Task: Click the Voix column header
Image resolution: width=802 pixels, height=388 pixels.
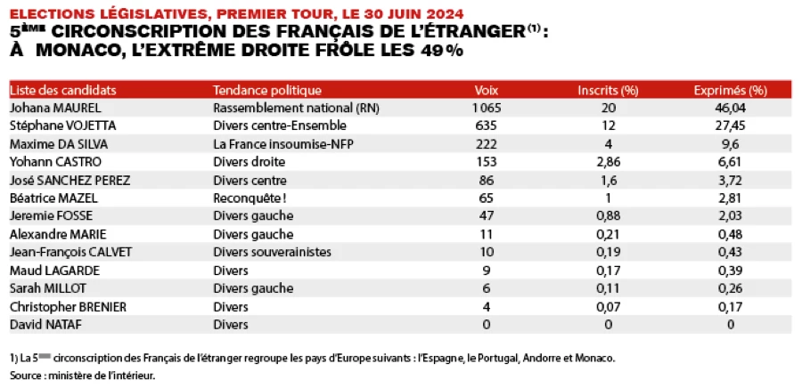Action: click(x=487, y=90)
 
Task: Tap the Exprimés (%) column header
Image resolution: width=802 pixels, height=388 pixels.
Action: click(x=730, y=90)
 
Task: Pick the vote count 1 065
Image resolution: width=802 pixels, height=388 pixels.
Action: click(x=487, y=108)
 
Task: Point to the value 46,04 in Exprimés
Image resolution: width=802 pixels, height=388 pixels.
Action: click(x=730, y=108)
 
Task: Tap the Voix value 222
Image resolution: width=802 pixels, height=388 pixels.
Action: click(x=487, y=144)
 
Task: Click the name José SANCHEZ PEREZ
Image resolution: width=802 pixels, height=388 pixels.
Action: click(x=70, y=180)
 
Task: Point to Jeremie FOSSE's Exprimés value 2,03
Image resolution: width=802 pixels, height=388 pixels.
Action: click(x=730, y=216)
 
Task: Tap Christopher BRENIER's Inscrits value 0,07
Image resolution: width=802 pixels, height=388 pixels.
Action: click(x=608, y=307)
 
